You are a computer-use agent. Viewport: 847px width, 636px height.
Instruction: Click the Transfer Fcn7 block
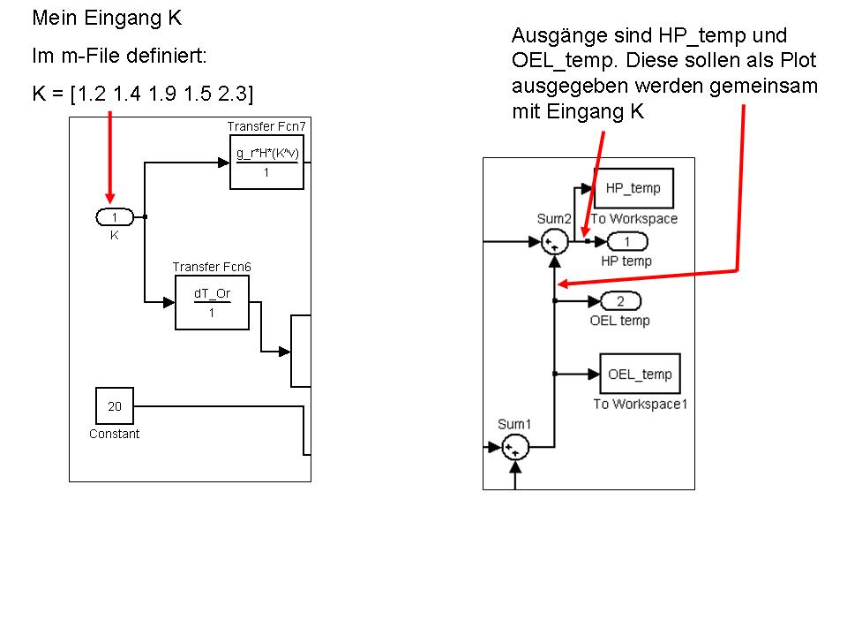pos(266,163)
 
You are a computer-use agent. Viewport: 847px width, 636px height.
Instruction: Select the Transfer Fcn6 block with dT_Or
pos(212,302)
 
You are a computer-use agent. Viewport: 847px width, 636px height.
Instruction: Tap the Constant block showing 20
pos(115,406)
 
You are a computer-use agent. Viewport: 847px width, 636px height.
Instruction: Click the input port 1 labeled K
pos(115,217)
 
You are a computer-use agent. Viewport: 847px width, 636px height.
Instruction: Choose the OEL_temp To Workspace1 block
pos(640,375)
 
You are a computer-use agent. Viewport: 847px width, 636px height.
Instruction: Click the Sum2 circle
pos(554,240)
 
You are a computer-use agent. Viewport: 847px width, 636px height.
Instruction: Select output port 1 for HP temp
pos(626,242)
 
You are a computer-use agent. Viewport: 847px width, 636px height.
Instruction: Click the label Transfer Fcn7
pos(266,127)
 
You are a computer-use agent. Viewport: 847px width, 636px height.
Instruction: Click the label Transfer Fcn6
pos(211,267)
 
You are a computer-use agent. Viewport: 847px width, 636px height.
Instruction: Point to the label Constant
pos(114,434)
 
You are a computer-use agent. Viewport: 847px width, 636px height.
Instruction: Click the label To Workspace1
pos(640,404)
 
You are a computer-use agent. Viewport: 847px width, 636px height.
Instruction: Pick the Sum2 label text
pos(554,218)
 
